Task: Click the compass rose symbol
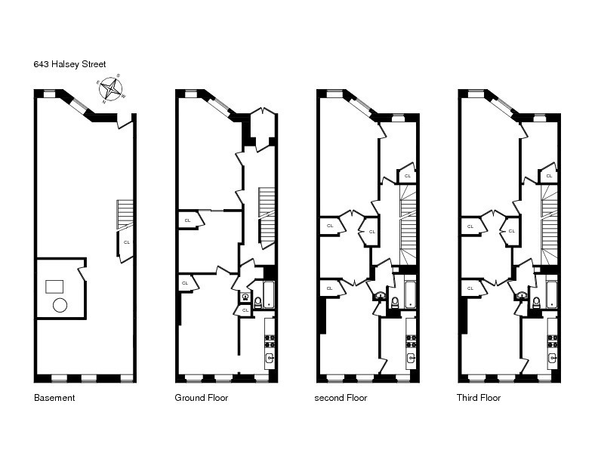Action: [111, 89]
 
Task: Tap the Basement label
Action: [54, 398]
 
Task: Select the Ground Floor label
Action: [202, 398]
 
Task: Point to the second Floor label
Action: [341, 398]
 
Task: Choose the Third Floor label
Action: [479, 398]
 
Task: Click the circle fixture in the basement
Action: [60, 306]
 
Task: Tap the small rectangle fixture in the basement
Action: [54, 286]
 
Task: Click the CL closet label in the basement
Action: [126, 242]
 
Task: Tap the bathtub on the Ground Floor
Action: [269, 294]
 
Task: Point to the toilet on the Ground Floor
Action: [257, 302]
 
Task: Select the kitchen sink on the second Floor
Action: [411, 358]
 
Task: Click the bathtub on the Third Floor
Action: [552, 294]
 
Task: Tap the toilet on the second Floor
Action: [395, 303]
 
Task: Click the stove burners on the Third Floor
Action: [552, 340]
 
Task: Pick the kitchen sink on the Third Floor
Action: [552, 358]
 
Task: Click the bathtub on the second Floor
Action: [410, 294]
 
